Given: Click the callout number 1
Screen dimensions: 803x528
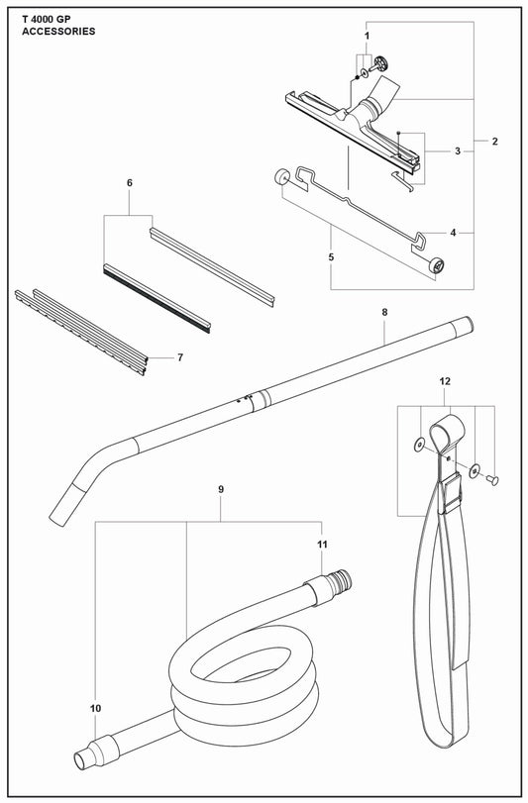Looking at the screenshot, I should pyautogui.click(x=366, y=36).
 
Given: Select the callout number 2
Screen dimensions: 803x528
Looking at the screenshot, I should pyautogui.click(x=494, y=142).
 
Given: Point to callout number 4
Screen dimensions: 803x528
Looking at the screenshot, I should pyautogui.click(x=453, y=234).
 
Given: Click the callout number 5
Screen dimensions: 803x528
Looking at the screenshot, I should pyautogui.click(x=330, y=257).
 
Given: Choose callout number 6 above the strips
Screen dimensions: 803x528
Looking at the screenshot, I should pyautogui.click(x=129, y=183).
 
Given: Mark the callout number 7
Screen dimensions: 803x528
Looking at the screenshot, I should pyautogui.click(x=179, y=356).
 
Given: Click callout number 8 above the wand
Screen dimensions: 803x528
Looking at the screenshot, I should pyautogui.click(x=383, y=313).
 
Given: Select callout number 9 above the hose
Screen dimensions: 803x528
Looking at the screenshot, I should pyautogui.click(x=220, y=489).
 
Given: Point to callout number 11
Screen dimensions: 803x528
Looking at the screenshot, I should pyautogui.click(x=321, y=546).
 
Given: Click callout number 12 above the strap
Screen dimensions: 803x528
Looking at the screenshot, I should pyautogui.click(x=445, y=381).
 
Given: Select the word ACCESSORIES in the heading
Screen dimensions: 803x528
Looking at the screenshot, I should pyautogui.click(x=58, y=32).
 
